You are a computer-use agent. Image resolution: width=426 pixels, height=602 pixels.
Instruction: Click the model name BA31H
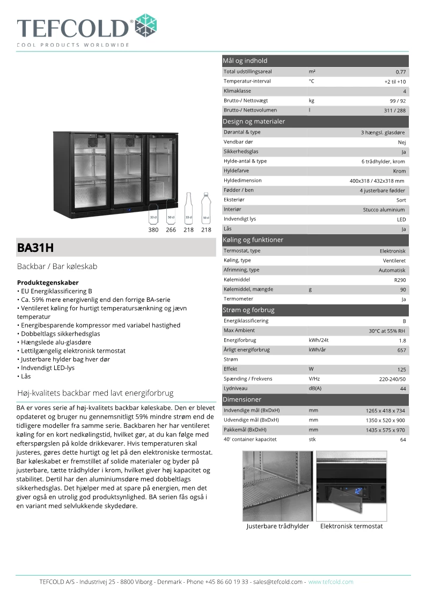36,248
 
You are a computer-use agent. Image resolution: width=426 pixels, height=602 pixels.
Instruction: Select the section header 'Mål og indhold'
245,61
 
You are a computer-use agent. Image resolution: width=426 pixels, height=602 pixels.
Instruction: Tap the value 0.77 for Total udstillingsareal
400,72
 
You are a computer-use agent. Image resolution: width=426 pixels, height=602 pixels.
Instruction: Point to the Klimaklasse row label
237,91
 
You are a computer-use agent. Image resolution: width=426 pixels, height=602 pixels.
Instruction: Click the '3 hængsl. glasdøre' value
383,132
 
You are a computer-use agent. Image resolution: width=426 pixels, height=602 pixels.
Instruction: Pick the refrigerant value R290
400,280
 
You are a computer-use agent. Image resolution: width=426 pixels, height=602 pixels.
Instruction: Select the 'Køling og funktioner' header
253,240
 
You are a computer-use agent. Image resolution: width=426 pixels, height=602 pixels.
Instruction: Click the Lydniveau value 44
402,389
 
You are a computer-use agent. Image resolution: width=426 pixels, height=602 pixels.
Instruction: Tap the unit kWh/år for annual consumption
319,350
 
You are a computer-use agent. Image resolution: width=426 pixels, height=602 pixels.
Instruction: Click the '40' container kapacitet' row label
250,440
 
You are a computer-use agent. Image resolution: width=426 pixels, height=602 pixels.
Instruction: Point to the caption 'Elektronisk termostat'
351,526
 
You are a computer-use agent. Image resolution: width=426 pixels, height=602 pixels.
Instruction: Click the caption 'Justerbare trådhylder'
277,526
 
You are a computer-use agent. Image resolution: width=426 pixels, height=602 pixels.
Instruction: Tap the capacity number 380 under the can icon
153,230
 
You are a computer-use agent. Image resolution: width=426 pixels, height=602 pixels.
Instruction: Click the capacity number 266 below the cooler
171,230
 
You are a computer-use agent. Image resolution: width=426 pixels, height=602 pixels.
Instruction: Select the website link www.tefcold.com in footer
330,582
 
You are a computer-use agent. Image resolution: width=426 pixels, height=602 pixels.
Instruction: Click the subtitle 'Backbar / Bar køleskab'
57,266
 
